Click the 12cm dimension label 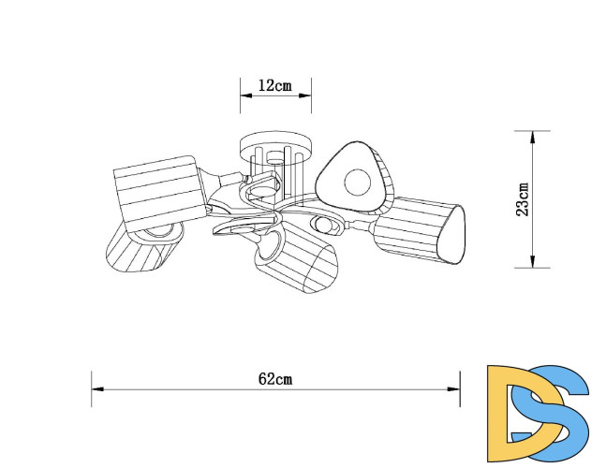(275, 85)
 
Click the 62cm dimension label (275, 379)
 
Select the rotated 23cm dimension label (523, 199)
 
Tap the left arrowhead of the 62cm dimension (97, 389)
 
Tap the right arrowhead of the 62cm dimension (453, 389)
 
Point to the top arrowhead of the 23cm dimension (532, 137)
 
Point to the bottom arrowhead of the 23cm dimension (532, 261)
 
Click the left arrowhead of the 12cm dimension (246, 95)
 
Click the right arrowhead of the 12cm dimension (305, 95)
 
